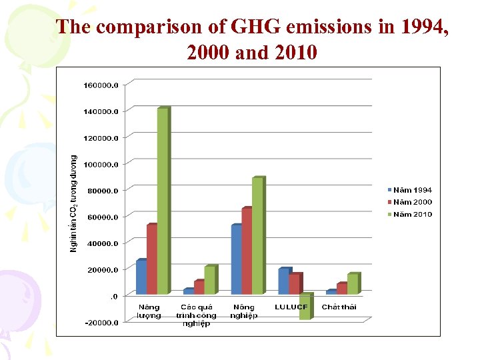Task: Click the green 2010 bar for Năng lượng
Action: [163, 200]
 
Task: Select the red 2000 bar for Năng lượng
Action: [152, 259]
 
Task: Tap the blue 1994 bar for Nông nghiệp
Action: [236, 259]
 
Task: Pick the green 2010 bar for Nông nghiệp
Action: [257, 236]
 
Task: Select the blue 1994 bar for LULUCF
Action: [284, 281]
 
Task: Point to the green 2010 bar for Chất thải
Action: [353, 283]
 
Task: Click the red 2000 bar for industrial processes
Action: [199, 287]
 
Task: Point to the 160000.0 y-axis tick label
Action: [101, 85]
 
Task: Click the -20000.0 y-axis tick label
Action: [101, 323]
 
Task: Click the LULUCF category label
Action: [291, 307]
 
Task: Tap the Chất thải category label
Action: [339, 307]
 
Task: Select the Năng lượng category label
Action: [149, 311]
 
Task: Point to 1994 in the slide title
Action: [418, 27]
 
